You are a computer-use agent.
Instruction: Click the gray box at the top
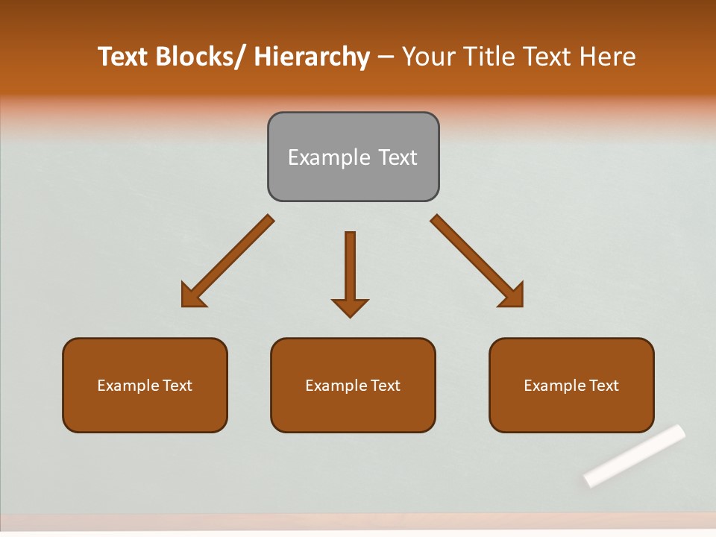(353, 157)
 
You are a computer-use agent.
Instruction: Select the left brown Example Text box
(145, 385)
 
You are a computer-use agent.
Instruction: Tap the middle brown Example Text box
(353, 385)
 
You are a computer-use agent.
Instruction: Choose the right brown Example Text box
(571, 385)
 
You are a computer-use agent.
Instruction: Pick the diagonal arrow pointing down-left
(227, 261)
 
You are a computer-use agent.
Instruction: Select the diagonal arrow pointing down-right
(477, 261)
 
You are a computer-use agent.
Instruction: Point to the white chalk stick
(635, 456)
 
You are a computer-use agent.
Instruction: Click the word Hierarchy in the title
(312, 57)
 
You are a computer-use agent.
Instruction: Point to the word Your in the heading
(428, 57)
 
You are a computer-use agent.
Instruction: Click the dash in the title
(386, 57)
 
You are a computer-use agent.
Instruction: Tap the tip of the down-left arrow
(183, 305)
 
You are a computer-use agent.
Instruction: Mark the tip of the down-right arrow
(521, 305)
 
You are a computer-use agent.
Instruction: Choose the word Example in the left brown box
(128, 386)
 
